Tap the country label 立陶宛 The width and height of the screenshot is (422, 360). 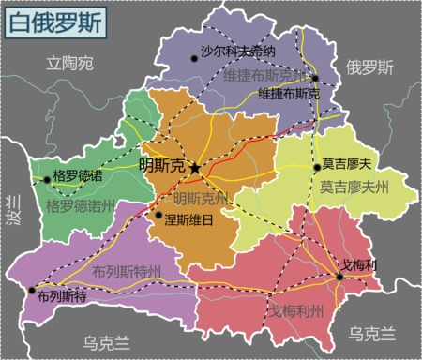(x=71, y=64)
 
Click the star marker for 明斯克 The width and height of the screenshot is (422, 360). (x=195, y=168)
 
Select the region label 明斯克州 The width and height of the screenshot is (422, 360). (x=201, y=199)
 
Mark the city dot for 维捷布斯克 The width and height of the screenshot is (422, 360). (x=316, y=79)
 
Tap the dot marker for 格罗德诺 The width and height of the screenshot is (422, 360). (x=47, y=178)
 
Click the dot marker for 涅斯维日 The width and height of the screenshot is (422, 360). (x=158, y=216)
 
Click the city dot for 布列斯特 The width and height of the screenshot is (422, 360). (x=33, y=290)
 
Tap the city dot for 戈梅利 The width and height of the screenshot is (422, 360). (x=339, y=276)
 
